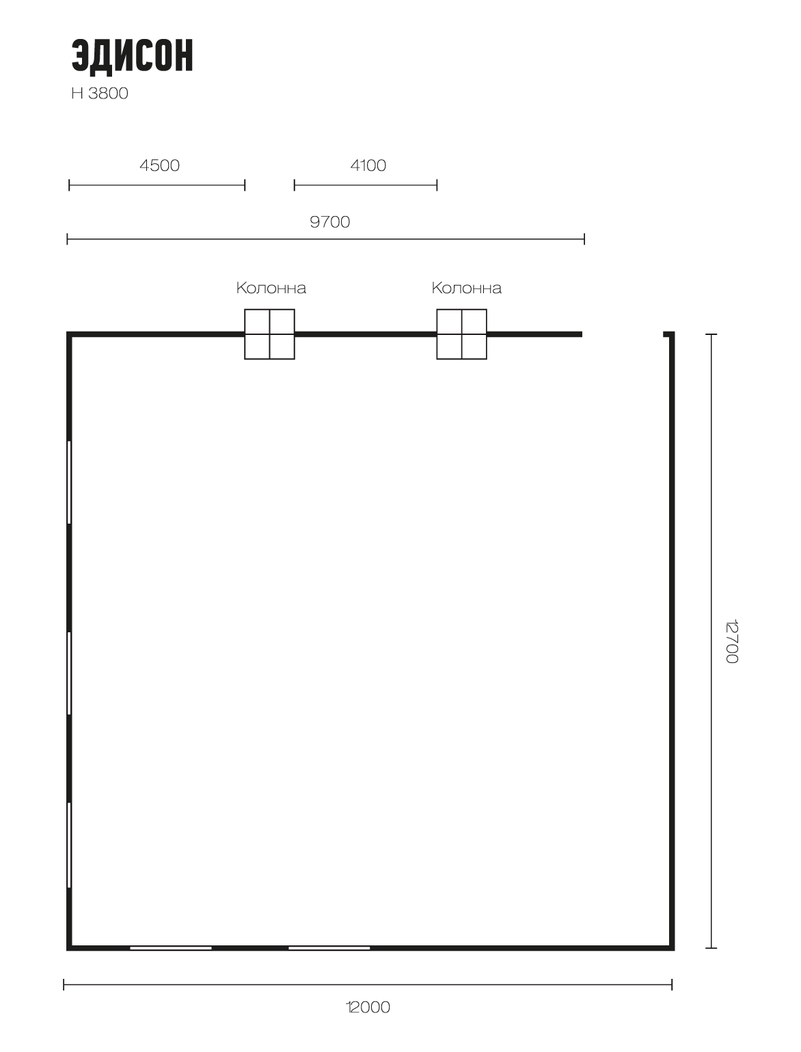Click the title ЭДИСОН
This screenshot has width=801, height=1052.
point(132,56)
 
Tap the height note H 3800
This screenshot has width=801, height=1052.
point(100,94)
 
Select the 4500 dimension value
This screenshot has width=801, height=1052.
point(159,165)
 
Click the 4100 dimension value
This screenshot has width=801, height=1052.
point(368,165)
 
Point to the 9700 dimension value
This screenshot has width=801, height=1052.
point(329,222)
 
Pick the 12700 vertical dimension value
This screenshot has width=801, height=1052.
point(731,642)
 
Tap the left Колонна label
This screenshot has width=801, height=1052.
point(271,288)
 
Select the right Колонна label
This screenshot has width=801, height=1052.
point(467,288)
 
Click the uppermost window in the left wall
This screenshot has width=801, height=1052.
point(70,482)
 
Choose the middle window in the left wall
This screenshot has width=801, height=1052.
point(70,673)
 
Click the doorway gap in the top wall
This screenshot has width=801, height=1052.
point(623,334)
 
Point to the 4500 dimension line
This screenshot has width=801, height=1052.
point(157,185)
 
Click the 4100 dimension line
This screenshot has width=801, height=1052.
point(366,185)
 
